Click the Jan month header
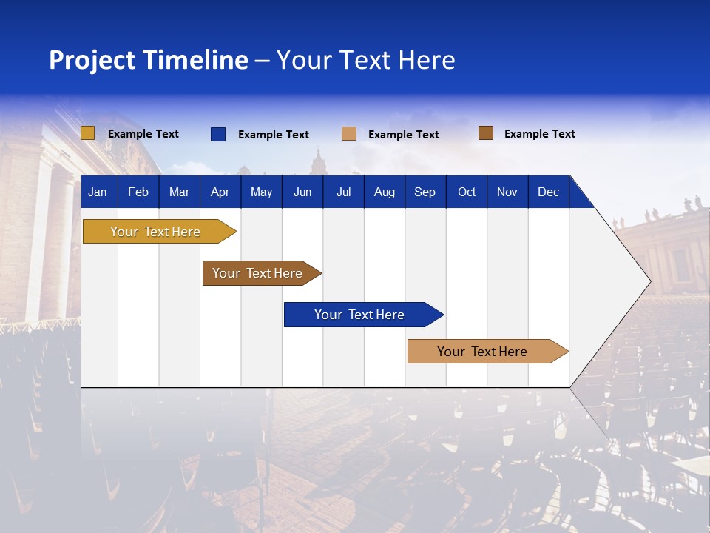pyautogui.click(x=98, y=192)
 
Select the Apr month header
pyautogui.click(x=220, y=192)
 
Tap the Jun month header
pyautogui.click(x=302, y=192)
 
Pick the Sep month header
pyautogui.click(x=425, y=192)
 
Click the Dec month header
pyautogui.click(x=548, y=192)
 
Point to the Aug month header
pyautogui.click(x=384, y=192)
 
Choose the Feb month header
pyautogui.click(x=138, y=192)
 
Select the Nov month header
pyautogui.click(x=507, y=192)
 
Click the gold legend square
pyautogui.click(x=87, y=133)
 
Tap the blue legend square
pyautogui.click(x=217, y=134)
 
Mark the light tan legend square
pyautogui.click(x=349, y=134)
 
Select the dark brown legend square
pyautogui.click(x=485, y=133)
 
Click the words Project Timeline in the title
pyautogui.click(x=149, y=60)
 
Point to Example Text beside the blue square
pyautogui.click(x=274, y=135)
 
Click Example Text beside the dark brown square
pyautogui.click(x=540, y=134)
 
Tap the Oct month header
pyautogui.click(x=467, y=192)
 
